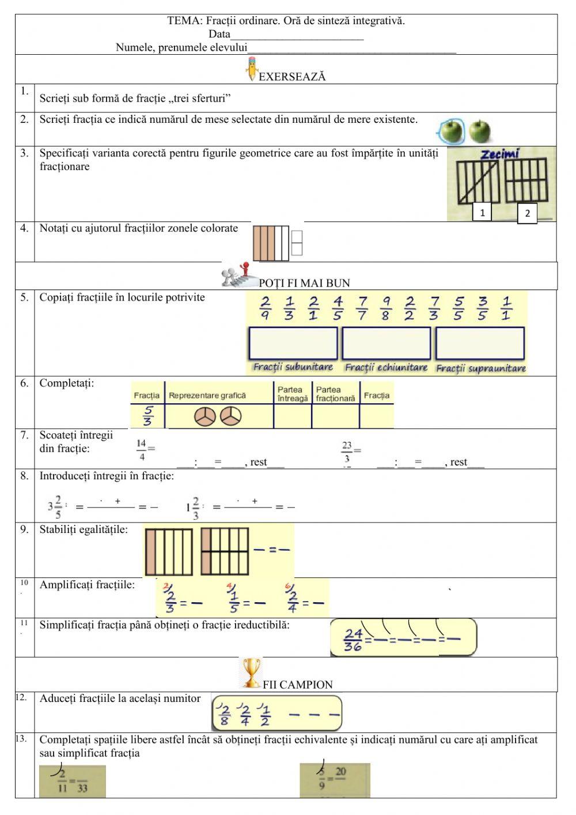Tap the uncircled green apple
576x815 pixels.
(x=479, y=132)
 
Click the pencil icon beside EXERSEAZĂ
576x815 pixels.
(x=252, y=68)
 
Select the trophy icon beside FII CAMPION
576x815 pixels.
(x=251, y=673)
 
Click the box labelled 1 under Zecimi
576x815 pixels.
(x=482, y=212)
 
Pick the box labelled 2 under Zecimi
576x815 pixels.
(x=527, y=214)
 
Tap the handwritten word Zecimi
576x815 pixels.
(x=500, y=154)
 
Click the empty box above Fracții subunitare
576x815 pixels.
(x=293, y=343)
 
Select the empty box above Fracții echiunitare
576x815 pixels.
(x=386, y=343)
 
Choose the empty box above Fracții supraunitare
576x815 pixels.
(x=480, y=343)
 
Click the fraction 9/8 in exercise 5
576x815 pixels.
(x=386, y=308)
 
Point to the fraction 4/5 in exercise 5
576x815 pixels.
(x=338, y=308)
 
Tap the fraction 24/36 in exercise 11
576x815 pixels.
(x=353, y=640)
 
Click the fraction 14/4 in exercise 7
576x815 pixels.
(x=142, y=450)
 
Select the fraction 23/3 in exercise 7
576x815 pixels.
(x=347, y=452)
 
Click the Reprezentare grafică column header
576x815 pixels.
(x=207, y=396)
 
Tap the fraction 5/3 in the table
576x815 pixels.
(x=148, y=415)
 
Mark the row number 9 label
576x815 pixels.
(x=24, y=529)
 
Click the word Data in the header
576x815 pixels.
(x=219, y=34)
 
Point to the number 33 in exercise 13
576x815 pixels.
(x=82, y=788)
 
